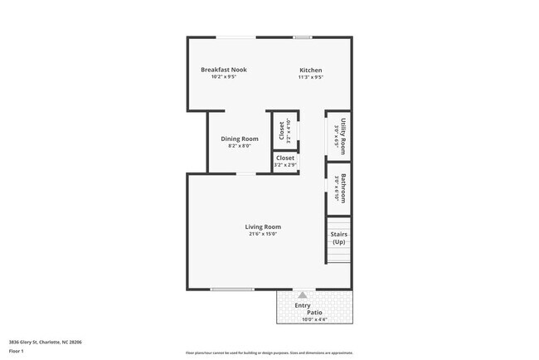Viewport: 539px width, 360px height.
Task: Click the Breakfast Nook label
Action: (223, 70)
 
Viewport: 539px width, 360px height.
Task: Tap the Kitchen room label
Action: (310, 71)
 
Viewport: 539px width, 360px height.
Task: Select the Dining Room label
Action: (240, 139)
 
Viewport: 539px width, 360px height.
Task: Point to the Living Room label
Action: (263, 226)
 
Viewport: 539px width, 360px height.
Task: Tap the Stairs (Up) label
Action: (338, 238)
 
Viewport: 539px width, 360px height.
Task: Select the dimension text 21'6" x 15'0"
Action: (263, 234)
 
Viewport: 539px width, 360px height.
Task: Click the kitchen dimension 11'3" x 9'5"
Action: (310, 77)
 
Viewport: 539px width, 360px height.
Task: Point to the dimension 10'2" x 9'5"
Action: (223, 77)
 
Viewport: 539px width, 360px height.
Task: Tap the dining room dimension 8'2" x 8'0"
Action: (240, 146)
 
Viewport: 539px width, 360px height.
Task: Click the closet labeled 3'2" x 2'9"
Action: (285, 161)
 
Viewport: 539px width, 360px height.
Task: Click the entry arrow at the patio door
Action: (303, 294)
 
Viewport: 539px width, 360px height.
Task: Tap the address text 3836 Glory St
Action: (45, 341)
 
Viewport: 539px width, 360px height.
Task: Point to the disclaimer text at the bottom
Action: (269, 353)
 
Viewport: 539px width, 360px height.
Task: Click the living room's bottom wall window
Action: (231, 289)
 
